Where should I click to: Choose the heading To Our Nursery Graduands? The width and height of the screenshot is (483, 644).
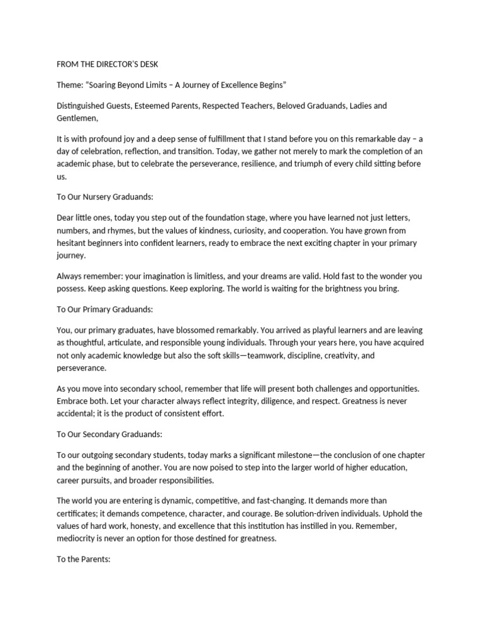click(105, 197)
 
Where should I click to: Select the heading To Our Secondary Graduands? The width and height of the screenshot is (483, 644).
click(109, 434)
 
